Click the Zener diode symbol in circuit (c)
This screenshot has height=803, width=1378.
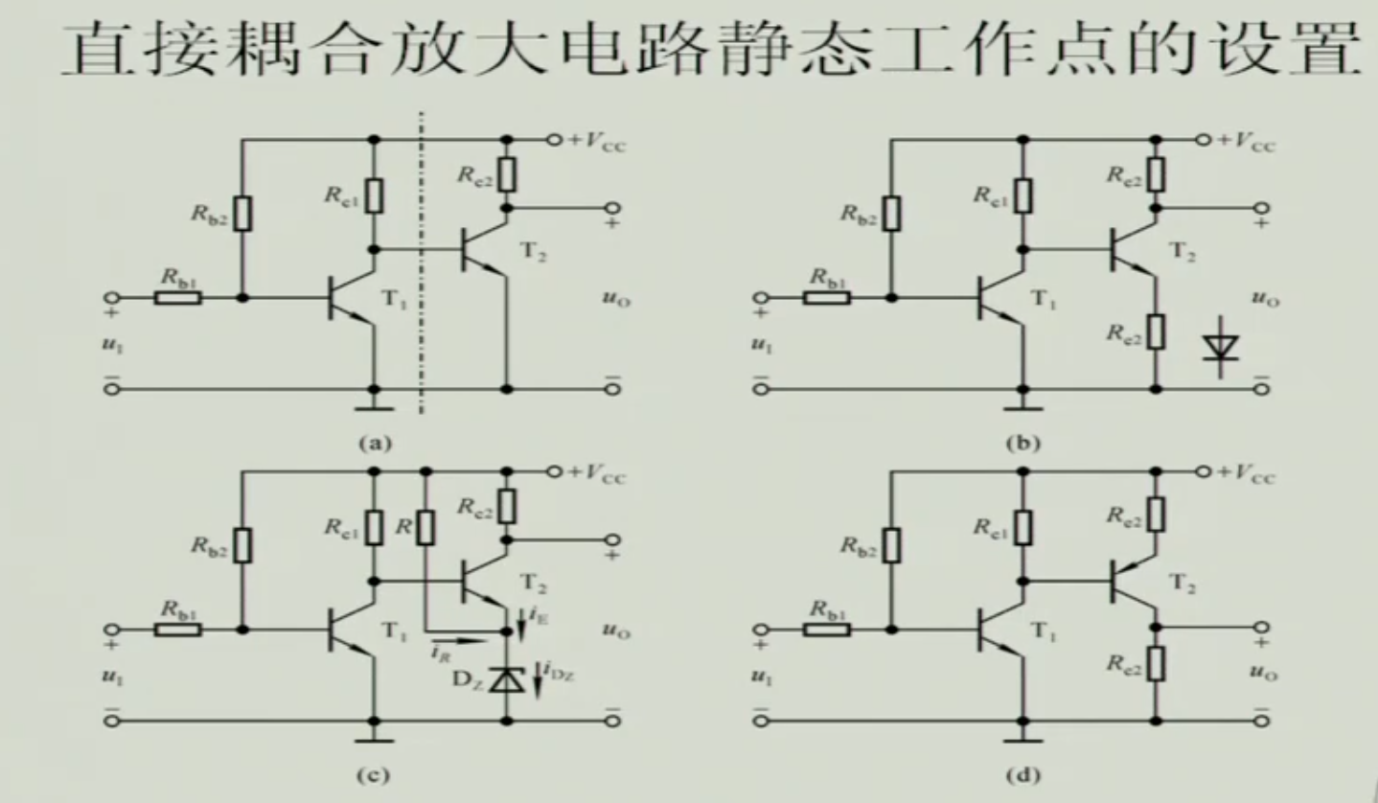pyautogui.click(x=506, y=679)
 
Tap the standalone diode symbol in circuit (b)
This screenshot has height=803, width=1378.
pyautogui.click(x=1221, y=347)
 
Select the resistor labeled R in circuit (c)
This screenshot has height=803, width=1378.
pyautogui.click(x=425, y=526)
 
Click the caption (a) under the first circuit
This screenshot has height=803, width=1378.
pyautogui.click(x=375, y=443)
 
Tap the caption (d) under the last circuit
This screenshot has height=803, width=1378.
pyautogui.click(x=1024, y=774)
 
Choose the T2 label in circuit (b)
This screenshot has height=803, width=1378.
pyautogui.click(x=1186, y=253)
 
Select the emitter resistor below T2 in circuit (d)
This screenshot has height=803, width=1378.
pyautogui.click(x=1157, y=662)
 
